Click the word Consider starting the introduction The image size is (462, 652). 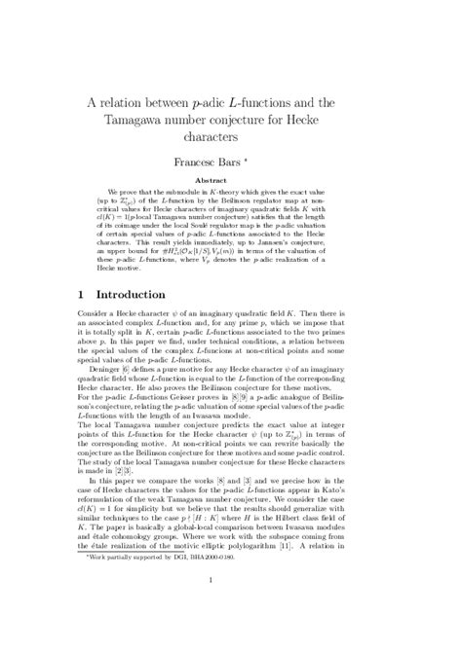(96, 356)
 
